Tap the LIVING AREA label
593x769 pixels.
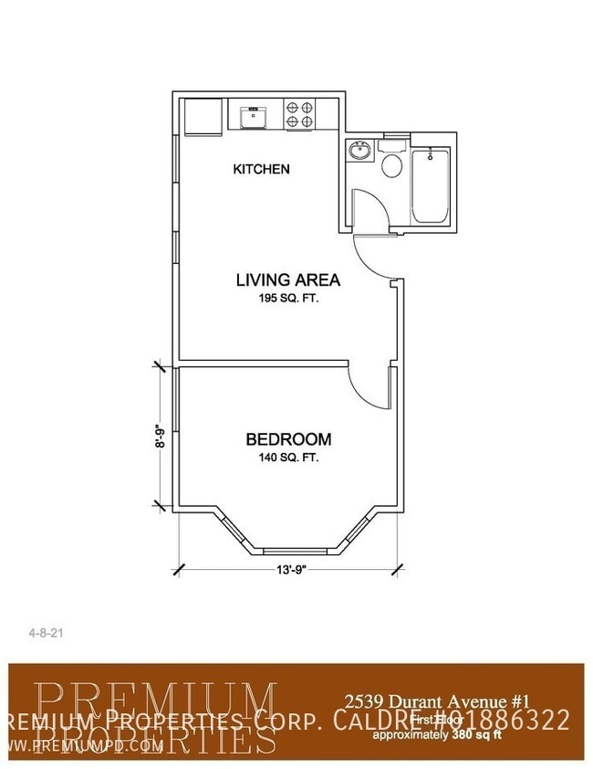[x=287, y=279]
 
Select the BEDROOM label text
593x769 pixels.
[x=288, y=439]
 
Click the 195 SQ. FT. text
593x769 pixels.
[x=288, y=299]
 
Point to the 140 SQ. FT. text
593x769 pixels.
[x=288, y=458]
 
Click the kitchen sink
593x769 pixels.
[x=251, y=117]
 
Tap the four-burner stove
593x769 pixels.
[x=302, y=116]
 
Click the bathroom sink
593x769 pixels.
[x=359, y=150]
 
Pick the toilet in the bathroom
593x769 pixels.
[x=392, y=162]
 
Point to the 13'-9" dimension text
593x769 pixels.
[x=290, y=569]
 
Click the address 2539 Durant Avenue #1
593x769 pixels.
[x=438, y=701]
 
